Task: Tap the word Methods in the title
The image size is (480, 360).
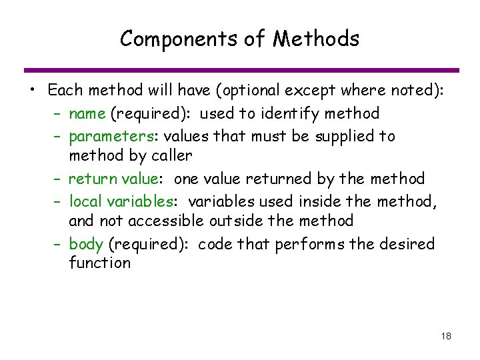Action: point(316,39)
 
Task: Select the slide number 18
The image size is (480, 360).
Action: point(446,336)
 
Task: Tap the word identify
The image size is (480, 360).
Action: point(307,114)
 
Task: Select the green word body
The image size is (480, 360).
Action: point(85,243)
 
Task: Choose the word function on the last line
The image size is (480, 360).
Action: point(99,263)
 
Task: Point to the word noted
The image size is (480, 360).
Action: point(414,91)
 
